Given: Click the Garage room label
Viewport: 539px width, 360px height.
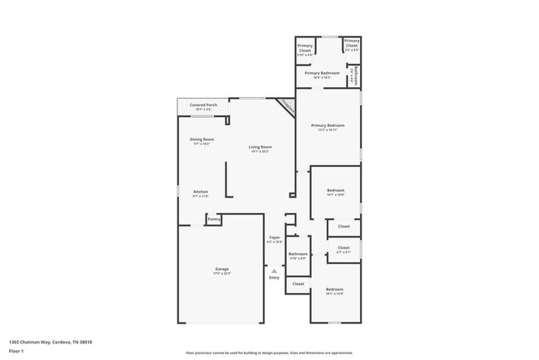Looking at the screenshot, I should pos(222,269).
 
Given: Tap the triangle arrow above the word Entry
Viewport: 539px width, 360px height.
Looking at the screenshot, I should pos(274,270).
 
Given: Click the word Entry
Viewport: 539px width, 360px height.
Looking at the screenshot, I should pos(274,277).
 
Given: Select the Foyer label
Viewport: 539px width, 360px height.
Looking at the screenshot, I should pos(274,238).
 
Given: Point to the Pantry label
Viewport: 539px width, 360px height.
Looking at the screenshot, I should pos(213,219).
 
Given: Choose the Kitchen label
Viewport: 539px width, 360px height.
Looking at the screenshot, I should pos(200,192).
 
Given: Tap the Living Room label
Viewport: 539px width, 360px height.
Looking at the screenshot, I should pos(261,147).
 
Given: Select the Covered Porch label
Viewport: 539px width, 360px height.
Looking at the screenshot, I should pos(203,105).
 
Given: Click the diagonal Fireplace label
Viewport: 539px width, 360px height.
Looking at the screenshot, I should pos(287,106).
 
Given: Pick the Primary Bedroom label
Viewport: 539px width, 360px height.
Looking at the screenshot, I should pos(328,125).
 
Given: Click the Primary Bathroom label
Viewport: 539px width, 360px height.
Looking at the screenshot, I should pos(322,73).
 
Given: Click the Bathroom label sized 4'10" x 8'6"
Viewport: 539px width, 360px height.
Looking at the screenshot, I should pos(298,254).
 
